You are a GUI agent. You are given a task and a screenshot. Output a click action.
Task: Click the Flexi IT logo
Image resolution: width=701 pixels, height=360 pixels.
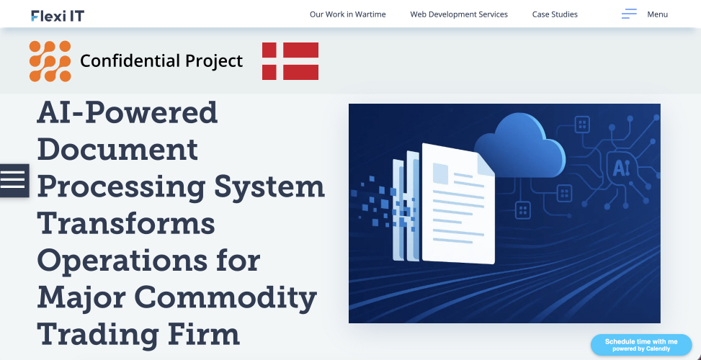click(58, 15)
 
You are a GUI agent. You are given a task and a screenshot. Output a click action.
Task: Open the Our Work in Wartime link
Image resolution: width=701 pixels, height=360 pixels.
click(347, 14)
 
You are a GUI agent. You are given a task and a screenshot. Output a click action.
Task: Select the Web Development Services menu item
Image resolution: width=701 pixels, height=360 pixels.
click(459, 14)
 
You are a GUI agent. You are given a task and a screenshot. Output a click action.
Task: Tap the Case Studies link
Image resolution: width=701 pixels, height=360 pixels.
click(555, 14)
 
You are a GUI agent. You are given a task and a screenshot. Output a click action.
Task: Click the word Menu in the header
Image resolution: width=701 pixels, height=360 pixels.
click(657, 14)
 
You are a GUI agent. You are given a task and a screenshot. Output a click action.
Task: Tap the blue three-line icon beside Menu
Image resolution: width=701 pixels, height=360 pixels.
click(629, 14)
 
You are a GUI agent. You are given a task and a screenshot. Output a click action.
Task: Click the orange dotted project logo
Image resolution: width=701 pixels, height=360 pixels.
click(50, 61)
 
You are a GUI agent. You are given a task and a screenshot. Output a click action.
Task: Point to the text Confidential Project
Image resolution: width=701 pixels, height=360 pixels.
click(161, 61)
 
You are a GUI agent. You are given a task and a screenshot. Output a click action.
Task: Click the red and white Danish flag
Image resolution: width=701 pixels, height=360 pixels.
click(290, 61)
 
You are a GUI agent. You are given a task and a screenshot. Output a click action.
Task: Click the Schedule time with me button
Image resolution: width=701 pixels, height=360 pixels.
click(640, 345)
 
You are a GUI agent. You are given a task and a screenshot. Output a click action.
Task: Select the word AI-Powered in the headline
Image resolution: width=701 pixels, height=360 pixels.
click(127, 112)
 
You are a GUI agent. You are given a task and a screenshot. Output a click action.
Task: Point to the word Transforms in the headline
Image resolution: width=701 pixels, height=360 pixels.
click(126, 223)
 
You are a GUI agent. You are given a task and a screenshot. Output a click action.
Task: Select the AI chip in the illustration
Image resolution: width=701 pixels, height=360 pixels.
click(620, 168)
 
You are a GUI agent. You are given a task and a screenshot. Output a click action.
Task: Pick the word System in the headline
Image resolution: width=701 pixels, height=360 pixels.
click(269, 186)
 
